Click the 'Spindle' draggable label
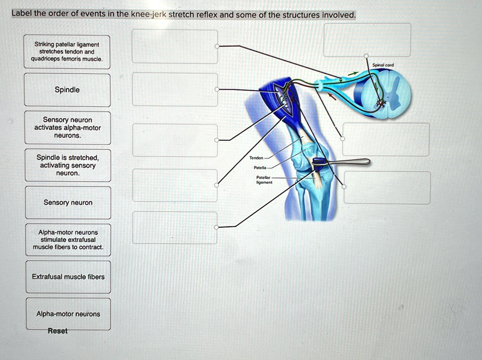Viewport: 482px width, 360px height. (67, 90)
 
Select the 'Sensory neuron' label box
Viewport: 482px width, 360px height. (68, 202)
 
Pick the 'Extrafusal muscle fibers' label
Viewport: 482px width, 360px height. (68, 277)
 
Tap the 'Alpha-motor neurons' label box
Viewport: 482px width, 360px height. (68, 314)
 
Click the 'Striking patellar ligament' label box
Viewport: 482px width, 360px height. (67, 51)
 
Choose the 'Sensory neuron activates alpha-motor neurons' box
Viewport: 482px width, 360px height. (67, 128)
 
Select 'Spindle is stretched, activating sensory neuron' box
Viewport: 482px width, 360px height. (68, 165)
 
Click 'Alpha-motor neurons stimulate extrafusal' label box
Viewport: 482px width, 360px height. (68, 240)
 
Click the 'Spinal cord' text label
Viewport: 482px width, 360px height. (383, 65)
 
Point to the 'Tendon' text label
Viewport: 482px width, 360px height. (257, 158)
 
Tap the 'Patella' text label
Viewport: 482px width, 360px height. (260, 168)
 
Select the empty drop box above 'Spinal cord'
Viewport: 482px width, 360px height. (367, 40)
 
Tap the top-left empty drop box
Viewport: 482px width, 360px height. (175, 46)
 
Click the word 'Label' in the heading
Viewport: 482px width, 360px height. (21, 14)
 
